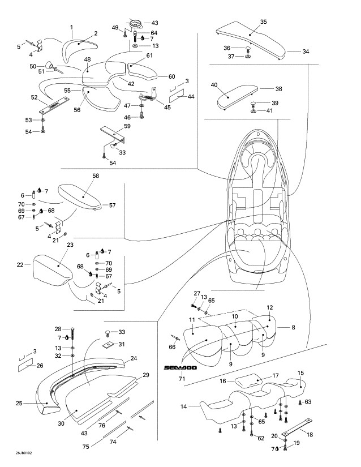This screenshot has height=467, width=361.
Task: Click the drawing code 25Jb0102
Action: (x=24, y=453)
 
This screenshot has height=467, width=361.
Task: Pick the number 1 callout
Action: (x=71, y=27)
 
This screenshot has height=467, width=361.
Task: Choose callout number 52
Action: (x=34, y=97)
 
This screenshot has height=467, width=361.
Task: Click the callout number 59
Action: (x=127, y=126)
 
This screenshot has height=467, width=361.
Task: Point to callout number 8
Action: (x=293, y=328)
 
